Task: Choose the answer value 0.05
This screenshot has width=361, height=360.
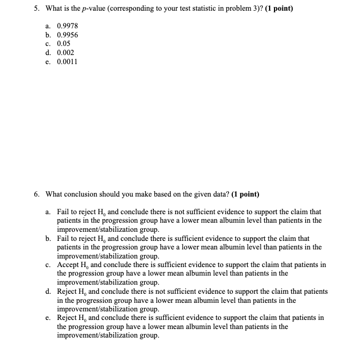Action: point(64,43)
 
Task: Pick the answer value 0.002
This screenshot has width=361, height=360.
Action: point(66,52)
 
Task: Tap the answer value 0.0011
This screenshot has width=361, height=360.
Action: point(67,61)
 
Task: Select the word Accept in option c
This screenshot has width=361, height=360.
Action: point(68,264)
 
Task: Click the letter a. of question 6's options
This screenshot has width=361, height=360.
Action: point(49,212)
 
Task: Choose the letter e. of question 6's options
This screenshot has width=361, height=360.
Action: point(49,317)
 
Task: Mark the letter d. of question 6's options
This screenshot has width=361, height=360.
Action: point(49,291)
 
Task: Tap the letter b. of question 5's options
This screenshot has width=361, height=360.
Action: point(49,34)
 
